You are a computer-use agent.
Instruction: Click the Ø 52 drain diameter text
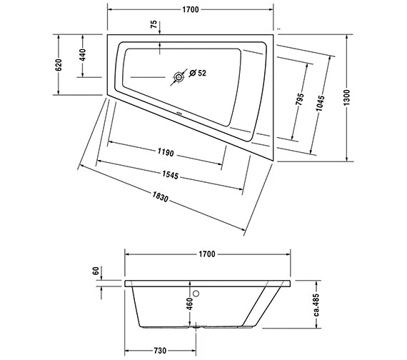pyautogui.click(x=198, y=73)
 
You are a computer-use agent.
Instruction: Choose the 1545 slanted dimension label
pyautogui.click(x=169, y=176)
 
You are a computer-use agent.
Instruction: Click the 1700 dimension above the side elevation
pyautogui.click(x=207, y=255)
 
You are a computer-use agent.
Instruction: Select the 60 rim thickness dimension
pyautogui.click(x=95, y=272)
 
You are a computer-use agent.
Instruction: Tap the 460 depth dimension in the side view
pyautogui.click(x=189, y=305)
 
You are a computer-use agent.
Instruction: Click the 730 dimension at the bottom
pyautogui.click(x=159, y=351)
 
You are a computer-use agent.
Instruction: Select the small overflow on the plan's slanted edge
pyautogui.click(x=179, y=114)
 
